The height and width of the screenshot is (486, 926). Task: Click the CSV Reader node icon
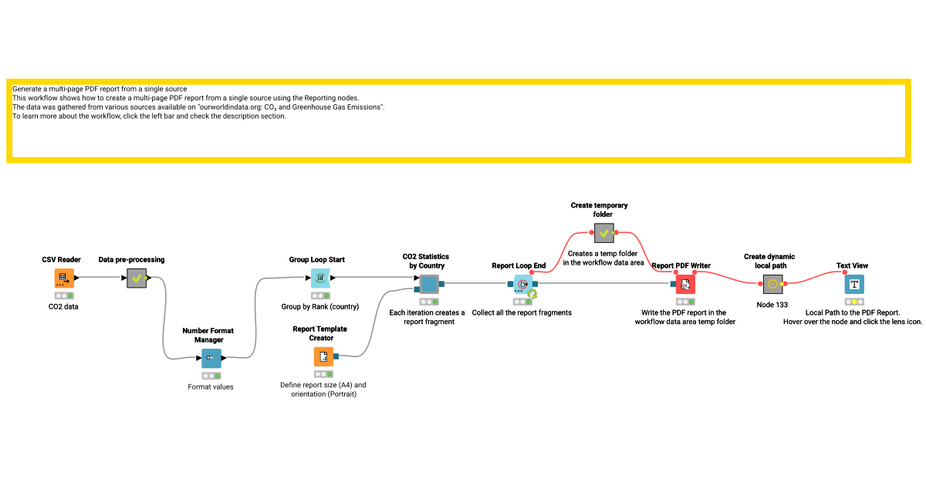click(64, 278)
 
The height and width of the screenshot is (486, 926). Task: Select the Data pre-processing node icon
click(137, 278)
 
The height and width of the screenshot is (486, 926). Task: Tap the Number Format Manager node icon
click(211, 359)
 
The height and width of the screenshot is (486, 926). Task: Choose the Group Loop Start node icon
click(320, 278)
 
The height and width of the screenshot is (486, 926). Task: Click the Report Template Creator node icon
click(324, 356)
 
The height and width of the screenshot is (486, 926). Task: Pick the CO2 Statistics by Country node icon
click(429, 285)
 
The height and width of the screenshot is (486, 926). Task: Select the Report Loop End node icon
click(522, 285)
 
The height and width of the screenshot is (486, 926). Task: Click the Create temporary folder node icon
click(604, 233)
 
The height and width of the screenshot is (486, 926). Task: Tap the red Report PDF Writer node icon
click(685, 285)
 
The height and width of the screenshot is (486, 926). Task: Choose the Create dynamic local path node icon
click(772, 285)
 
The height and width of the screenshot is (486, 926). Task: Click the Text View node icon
click(854, 285)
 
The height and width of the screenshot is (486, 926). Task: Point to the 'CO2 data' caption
click(64, 306)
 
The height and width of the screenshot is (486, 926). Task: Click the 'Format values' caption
click(211, 386)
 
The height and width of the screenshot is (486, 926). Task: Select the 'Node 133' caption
click(772, 305)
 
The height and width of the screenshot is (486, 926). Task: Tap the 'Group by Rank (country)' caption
click(320, 306)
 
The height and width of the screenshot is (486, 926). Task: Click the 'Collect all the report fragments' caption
click(522, 312)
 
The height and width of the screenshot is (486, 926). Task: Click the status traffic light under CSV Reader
click(64, 295)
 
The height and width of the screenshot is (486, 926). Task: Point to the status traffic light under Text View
click(854, 302)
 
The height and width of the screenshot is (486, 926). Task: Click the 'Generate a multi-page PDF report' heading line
click(100, 89)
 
